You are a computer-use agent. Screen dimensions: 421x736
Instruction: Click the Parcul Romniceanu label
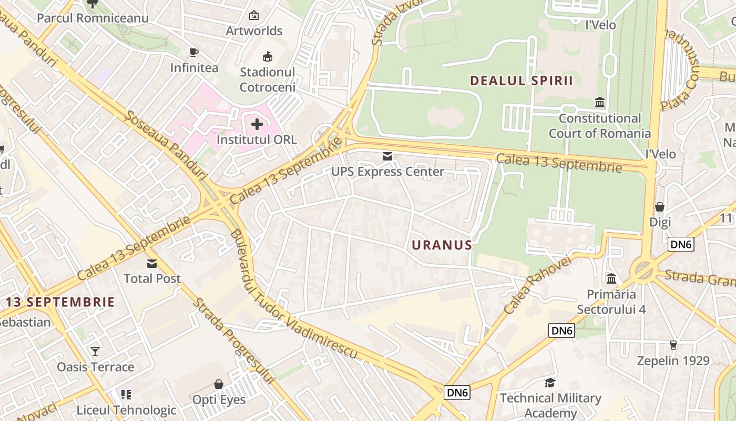tap(93, 18)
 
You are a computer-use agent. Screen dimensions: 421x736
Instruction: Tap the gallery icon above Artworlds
tap(254, 15)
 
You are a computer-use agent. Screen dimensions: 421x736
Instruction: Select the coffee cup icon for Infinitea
tap(193, 52)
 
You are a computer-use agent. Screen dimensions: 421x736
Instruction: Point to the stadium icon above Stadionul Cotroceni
tap(268, 56)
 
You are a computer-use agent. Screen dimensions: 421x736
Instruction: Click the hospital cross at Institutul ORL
tap(257, 124)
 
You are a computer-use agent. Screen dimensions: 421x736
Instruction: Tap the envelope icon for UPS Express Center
tap(387, 156)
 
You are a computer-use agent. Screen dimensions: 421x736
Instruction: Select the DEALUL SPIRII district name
tap(521, 81)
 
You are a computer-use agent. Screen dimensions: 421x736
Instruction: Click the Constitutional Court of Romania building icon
tap(599, 102)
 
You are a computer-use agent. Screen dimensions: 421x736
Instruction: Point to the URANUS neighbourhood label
tap(442, 245)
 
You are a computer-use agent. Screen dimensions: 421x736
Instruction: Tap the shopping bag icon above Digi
tap(660, 206)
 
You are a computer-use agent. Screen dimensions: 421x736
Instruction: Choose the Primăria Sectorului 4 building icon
tap(611, 278)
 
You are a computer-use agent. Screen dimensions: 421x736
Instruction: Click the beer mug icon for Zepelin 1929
tap(673, 345)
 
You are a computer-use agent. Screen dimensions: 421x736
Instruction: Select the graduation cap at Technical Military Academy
tap(550, 383)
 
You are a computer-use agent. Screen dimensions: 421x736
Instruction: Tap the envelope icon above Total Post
tap(152, 263)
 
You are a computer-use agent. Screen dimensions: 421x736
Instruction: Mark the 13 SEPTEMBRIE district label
tap(60, 302)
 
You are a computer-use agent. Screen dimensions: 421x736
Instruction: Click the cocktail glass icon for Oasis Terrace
tap(95, 351)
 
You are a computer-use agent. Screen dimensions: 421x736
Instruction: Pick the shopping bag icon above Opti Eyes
tap(219, 384)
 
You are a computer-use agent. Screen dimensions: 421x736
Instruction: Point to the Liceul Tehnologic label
tap(126, 410)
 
